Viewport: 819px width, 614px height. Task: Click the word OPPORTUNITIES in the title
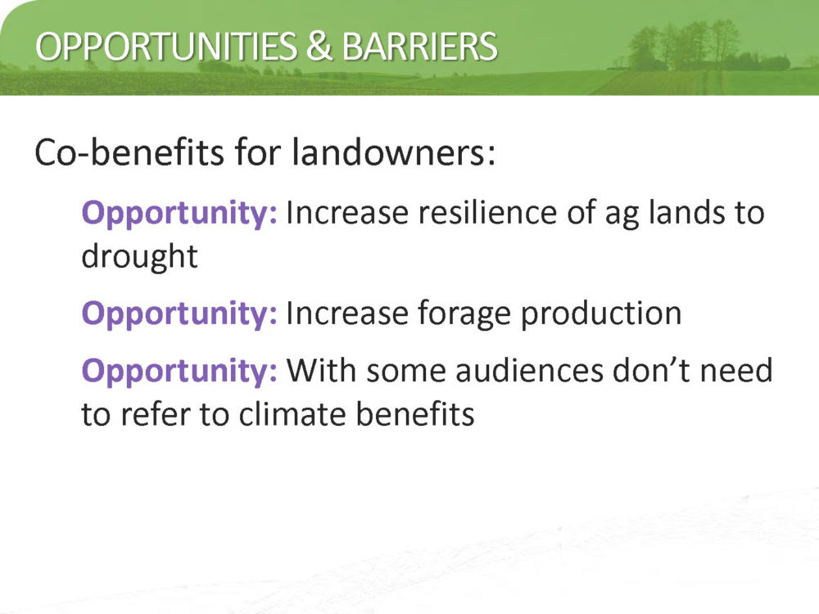click(x=166, y=47)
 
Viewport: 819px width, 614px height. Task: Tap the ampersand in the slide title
click(x=319, y=46)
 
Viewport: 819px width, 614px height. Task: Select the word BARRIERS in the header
click(x=419, y=47)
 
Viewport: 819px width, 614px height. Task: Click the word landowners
click(x=393, y=152)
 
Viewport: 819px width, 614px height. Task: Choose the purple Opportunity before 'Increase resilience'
click(x=179, y=214)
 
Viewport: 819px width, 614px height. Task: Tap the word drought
click(x=139, y=257)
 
